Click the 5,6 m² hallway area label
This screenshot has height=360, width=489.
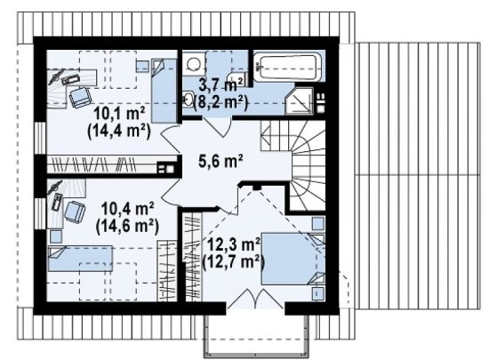pos(220,162)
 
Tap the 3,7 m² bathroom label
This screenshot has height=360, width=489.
pos(220,84)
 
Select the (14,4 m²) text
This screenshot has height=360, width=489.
pos(119,132)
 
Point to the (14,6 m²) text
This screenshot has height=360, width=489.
pos(127,226)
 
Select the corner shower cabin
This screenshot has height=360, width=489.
pos(299,100)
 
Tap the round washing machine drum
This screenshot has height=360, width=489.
pos(193,64)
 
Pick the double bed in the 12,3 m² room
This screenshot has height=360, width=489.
pos(293,258)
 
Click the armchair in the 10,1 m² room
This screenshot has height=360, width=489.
pos(79,97)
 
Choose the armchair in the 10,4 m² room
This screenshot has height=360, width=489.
pos(75,212)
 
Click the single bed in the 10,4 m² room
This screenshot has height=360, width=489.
pos(80,258)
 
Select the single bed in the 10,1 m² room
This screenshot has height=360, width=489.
pos(164,91)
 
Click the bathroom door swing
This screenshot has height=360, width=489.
pos(217,127)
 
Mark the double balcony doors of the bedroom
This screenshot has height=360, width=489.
pos(255,299)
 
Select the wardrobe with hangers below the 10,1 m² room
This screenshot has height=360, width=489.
pos(112,164)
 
